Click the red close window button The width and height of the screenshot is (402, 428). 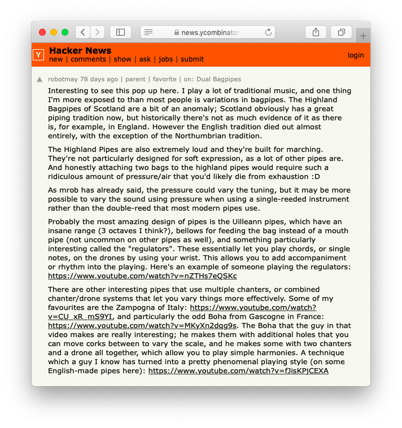(42, 32)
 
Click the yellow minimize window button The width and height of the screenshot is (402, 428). (54, 32)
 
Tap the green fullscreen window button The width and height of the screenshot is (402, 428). (65, 32)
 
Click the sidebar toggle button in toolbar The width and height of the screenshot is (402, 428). (120, 32)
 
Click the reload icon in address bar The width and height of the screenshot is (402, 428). (268, 32)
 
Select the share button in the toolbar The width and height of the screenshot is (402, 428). (316, 32)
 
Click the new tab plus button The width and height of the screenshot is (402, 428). (363, 36)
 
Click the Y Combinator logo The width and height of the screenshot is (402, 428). (38, 55)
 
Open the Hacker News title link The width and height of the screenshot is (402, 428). (80, 51)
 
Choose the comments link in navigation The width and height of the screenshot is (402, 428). (88, 59)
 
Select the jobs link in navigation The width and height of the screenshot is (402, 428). (165, 59)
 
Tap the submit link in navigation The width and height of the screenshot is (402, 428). (192, 59)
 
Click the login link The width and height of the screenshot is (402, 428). (356, 55)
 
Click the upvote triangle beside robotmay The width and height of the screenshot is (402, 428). (40, 80)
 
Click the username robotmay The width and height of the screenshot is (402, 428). (63, 79)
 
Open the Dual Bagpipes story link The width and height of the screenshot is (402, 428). (219, 79)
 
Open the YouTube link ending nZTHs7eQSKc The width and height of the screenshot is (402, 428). (142, 276)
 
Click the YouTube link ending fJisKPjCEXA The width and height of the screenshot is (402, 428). (238, 371)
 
